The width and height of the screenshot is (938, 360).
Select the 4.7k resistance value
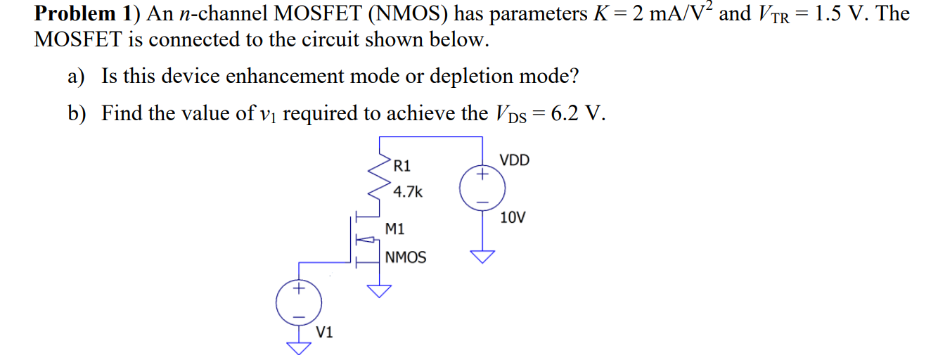click(408, 191)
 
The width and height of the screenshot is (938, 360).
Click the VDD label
click(514, 160)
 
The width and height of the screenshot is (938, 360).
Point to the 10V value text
click(513, 217)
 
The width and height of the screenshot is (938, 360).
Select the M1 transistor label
click(395, 229)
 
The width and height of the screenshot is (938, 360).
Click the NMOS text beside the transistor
click(406, 257)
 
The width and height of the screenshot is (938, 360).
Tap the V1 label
click(325, 332)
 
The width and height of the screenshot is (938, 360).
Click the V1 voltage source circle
click(300, 302)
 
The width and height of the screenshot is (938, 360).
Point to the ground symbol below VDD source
click(482, 257)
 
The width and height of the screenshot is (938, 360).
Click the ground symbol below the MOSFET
click(380, 291)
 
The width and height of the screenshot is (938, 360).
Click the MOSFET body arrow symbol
click(366, 239)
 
